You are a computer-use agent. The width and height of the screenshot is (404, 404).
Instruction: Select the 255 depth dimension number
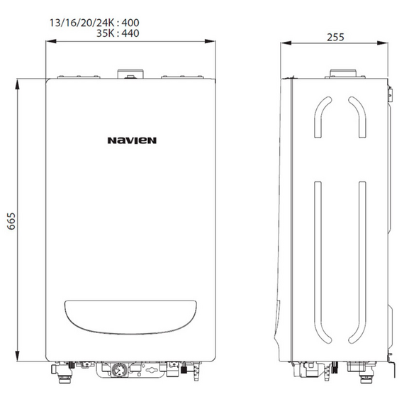[x=336, y=37]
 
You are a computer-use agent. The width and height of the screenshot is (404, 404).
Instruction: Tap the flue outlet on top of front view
[x=129, y=73]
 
